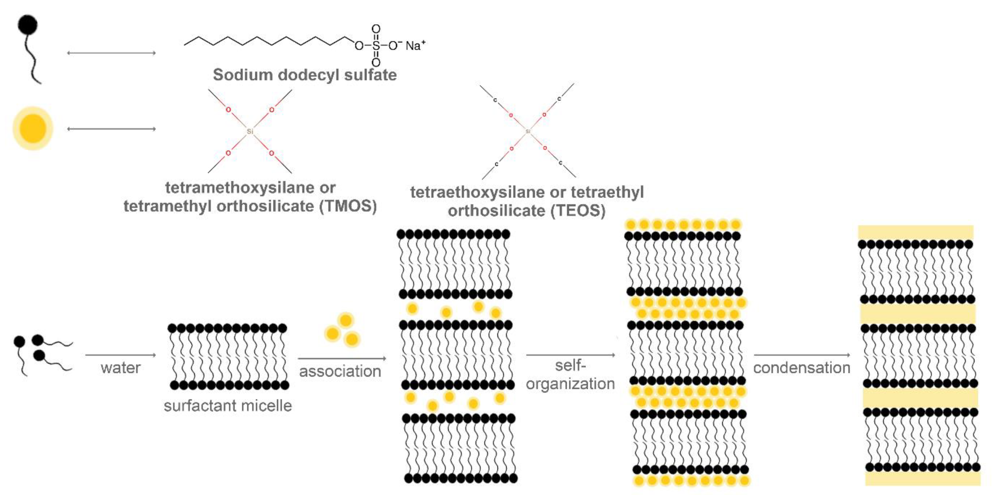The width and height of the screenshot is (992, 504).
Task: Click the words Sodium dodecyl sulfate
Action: click(x=305, y=75)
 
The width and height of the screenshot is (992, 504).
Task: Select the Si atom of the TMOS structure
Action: click(x=250, y=131)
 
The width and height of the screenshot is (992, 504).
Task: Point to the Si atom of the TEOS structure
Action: click(x=528, y=131)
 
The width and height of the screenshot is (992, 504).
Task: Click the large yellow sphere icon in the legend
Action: click(x=33, y=128)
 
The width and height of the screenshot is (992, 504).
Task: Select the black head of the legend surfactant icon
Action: click(x=28, y=25)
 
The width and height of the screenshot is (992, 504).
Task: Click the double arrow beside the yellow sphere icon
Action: click(x=111, y=129)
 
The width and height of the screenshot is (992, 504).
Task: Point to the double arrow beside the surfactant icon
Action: click(x=111, y=53)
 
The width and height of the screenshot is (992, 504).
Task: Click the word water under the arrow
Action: click(x=121, y=368)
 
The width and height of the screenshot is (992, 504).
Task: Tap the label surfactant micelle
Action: click(x=228, y=405)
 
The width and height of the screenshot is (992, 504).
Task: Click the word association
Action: click(x=340, y=371)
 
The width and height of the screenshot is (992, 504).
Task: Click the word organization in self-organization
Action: click(x=570, y=384)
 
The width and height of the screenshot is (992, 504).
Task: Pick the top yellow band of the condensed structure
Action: click(x=915, y=232)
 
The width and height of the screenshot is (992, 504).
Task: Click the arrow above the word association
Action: click(x=341, y=358)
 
